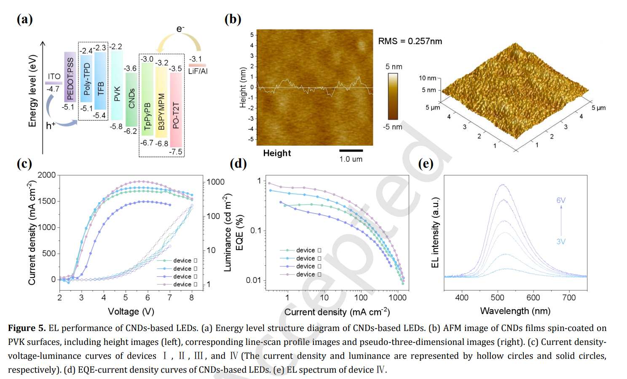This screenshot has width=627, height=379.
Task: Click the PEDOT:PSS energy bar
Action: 70,77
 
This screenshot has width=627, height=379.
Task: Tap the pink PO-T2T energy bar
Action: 176,109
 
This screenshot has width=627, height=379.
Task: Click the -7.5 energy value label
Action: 176,152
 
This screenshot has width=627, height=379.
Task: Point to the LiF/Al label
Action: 198,71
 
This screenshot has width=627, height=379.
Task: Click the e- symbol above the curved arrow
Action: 180,29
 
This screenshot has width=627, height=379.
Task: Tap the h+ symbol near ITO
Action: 51,125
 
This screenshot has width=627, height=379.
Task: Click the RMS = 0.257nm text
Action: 410,41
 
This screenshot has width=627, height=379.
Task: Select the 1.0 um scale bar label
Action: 351,159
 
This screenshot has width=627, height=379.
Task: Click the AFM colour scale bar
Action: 393,96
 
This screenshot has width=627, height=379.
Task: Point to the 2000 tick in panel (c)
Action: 47,175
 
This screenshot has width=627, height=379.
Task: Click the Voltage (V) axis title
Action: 131,312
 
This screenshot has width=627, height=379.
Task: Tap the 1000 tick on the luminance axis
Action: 215,182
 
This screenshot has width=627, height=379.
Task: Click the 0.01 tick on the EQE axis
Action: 253,280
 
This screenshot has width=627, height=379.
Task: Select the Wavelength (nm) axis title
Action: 515,311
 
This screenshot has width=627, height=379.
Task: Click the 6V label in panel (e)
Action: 561,200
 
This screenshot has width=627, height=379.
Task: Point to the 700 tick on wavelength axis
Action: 569,298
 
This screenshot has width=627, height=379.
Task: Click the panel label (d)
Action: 238,164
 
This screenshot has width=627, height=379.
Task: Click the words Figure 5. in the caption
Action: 27,328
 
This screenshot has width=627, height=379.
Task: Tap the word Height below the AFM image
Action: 277,153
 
